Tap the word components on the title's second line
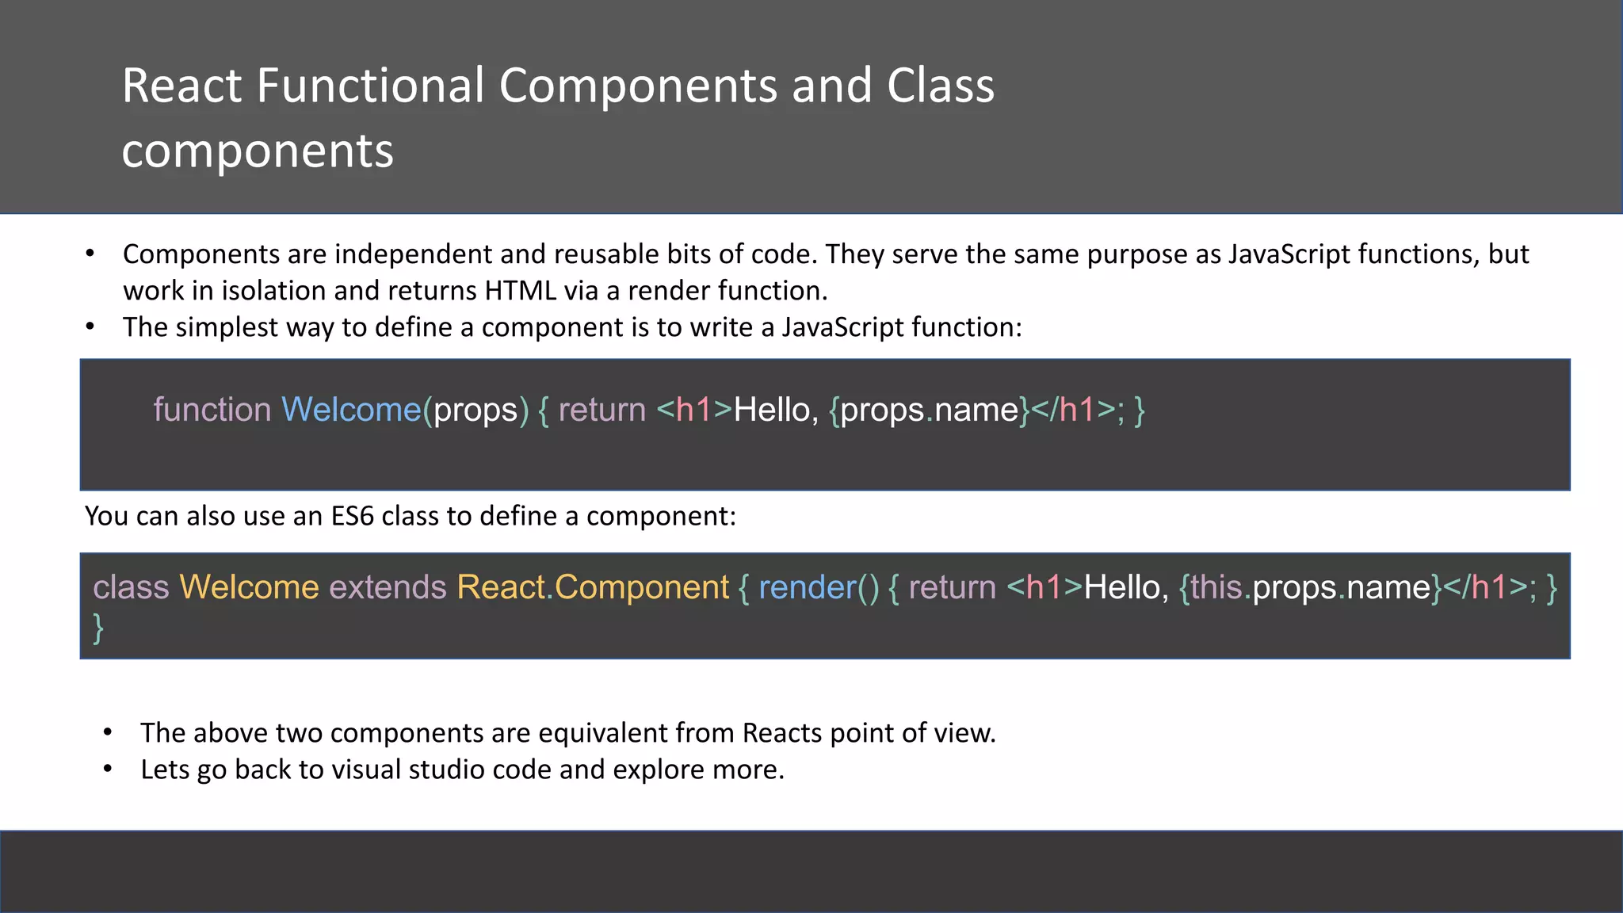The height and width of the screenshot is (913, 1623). [258, 151]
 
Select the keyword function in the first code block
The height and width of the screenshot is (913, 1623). [212, 410]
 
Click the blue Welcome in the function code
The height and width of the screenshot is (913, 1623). [351, 410]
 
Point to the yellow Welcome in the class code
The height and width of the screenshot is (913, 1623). [249, 587]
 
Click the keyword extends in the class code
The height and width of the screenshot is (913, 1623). [388, 587]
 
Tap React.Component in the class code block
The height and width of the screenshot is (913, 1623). [592, 587]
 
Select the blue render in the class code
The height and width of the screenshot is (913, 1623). [808, 587]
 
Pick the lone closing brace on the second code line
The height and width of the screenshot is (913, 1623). [98, 628]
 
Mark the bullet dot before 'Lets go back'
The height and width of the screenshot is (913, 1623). [108, 769]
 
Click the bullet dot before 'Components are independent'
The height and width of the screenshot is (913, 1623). [90, 254]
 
